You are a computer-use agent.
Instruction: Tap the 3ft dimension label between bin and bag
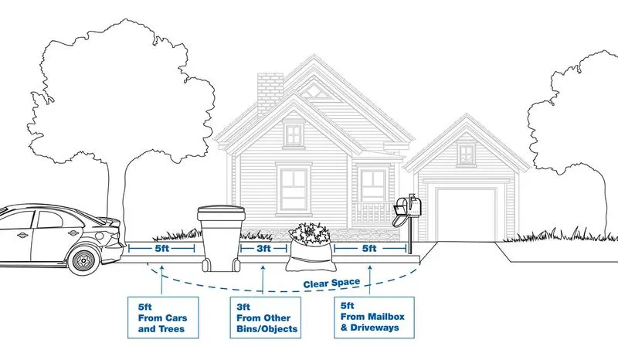[x=263, y=249]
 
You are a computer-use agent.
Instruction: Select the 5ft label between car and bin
[x=161, y=249]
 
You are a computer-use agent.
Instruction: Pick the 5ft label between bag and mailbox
[x=368, y=249]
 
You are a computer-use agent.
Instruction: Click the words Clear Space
[x=331, y=283]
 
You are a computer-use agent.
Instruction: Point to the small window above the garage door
[x=466, y=153]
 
